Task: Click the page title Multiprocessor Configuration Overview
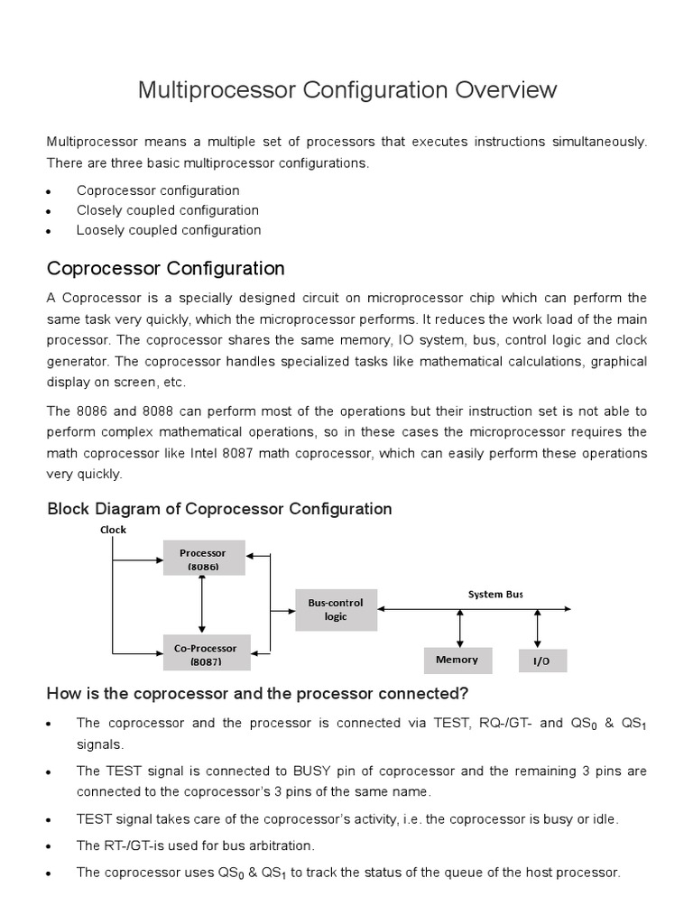tap(346, 90)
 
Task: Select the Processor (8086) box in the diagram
tap(203, 559)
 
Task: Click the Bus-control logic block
tap(336, 609)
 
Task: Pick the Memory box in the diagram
tap(457, 660)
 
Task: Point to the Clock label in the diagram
tap(113, 530)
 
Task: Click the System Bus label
tap(494, 594)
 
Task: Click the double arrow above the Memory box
tap(460, 626)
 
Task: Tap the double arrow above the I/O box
tap(539, 626)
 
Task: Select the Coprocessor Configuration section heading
tap(165, 268)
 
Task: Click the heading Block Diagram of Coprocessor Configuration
tap(219, 509)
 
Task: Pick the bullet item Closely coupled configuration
tap(167, 210)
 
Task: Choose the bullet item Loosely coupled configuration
tap(169, 230)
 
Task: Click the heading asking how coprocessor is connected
tap(257, 693)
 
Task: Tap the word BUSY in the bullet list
tap(314, 772)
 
